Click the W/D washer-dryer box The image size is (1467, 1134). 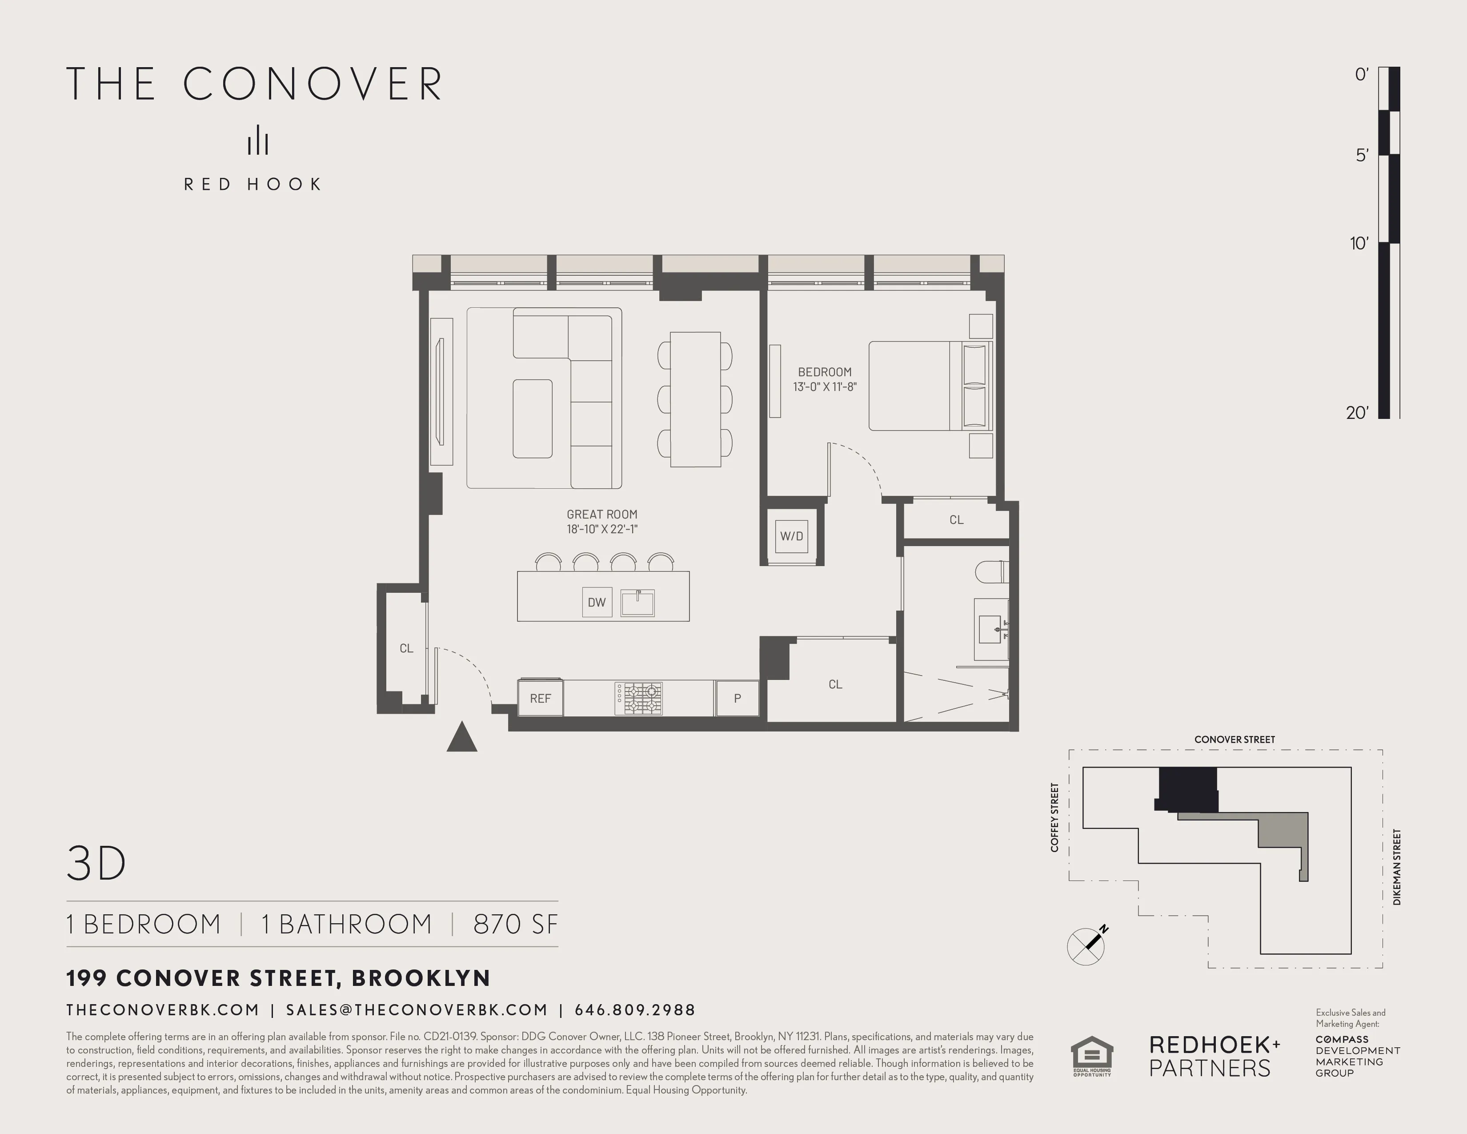791,536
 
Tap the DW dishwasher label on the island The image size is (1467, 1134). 597,603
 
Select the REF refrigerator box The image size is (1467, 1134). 540,698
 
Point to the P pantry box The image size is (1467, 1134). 737,698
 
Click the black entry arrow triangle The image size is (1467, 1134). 462,738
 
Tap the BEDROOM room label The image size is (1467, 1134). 824,371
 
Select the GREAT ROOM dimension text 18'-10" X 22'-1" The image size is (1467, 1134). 602,529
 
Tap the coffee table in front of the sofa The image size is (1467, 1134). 532,418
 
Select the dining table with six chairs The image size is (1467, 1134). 695,399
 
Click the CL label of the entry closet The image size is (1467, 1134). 406,648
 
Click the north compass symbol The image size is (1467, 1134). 1086,945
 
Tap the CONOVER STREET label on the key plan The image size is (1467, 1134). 1234,739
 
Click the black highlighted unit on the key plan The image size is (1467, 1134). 1187,789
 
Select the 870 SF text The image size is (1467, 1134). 515,924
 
